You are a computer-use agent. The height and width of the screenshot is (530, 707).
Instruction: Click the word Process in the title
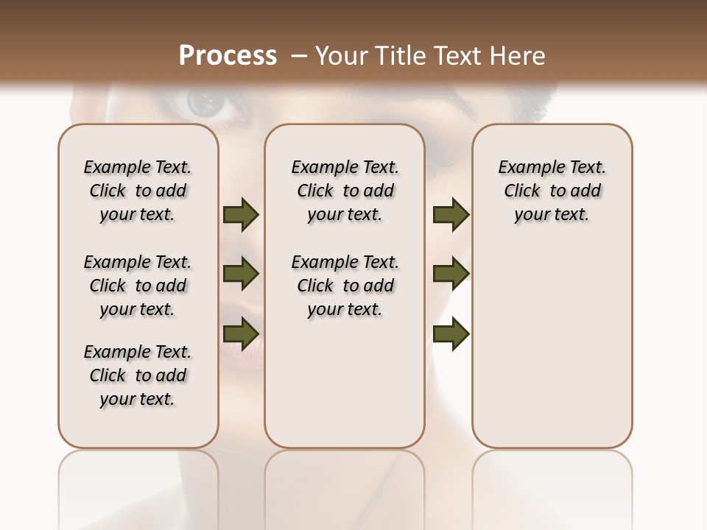tap(228, 56)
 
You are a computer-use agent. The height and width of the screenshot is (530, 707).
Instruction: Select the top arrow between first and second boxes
tap(241, 215)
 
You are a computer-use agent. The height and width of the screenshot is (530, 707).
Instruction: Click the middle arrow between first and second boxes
tap(241, 274)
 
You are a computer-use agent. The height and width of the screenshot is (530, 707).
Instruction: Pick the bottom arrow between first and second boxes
tap(241, 333)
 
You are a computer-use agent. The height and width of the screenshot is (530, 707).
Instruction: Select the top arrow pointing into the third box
tap(451, 215)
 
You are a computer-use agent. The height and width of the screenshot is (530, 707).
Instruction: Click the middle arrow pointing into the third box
tap(451, 274)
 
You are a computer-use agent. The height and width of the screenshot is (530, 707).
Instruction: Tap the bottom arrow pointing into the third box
tap(451, 333)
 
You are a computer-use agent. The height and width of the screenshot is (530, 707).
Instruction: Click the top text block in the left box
tap(138, 191)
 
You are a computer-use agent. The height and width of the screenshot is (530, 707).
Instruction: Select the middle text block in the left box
tap(138, 286)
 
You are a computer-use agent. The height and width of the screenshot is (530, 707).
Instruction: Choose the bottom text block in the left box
tap(138, 375)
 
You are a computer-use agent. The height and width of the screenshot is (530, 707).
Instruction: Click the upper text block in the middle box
tap(345, 191)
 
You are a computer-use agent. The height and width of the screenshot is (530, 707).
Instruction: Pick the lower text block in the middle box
tap(345, 286)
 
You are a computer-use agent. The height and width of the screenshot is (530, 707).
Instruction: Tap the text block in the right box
tap(552, 191)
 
